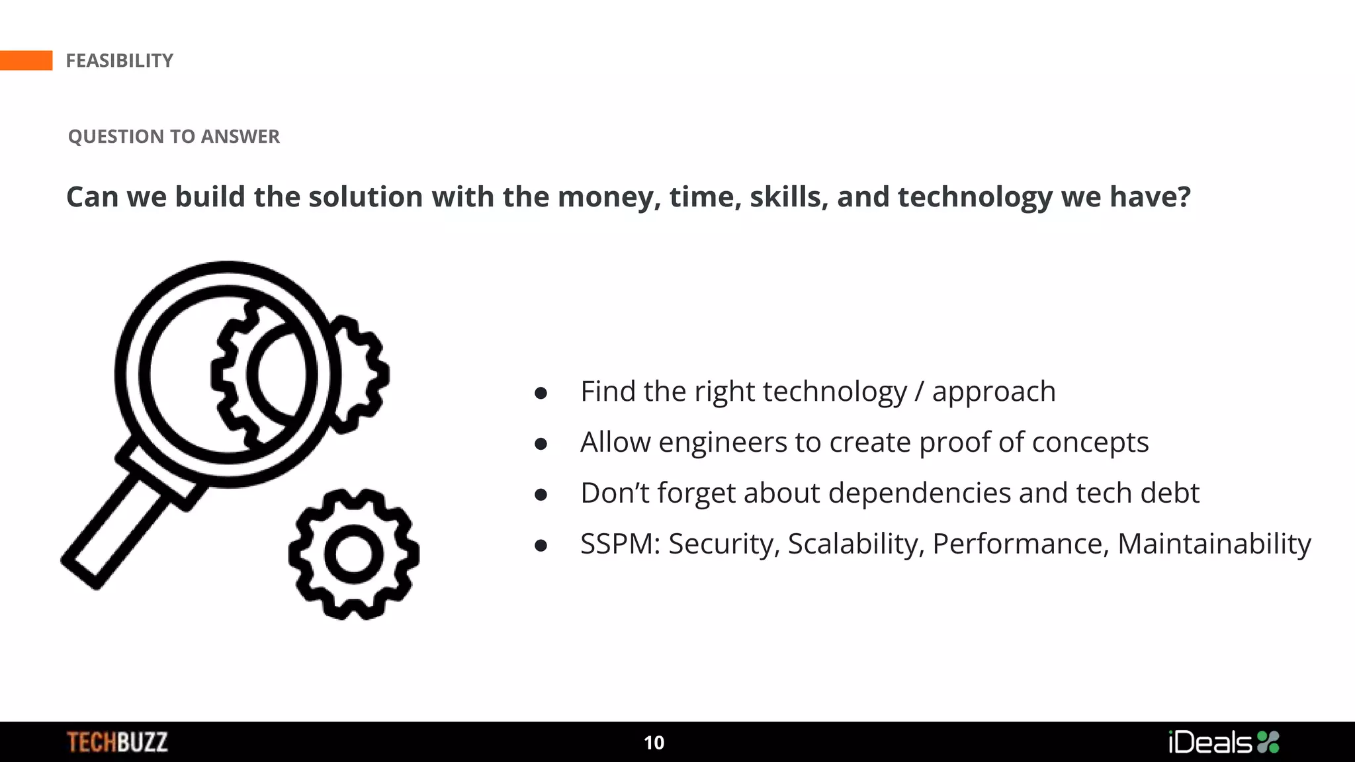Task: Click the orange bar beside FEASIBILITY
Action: point(26,60)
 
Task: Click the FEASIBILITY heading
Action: point(119,61)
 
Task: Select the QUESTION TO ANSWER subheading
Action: point(173,136)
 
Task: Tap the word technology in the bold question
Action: point(975,197)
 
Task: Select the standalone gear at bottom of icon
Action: point(354,554)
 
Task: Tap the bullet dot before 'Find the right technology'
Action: point(541,394)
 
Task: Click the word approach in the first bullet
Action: point(994,392)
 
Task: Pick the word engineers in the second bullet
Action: point(722,442)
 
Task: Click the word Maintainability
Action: point(1214,544)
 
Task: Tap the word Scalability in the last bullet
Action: point(855,544)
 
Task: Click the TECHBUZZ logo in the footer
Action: point(117,742)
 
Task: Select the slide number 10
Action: point(654,743)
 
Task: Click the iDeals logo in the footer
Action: point(1223,742)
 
